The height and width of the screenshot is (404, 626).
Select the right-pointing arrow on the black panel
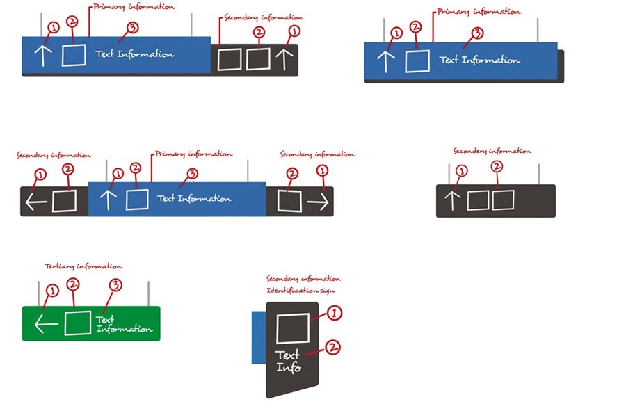[318, 202]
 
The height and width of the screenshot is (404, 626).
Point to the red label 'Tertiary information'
[83, 266]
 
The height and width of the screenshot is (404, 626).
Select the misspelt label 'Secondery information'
[492, 151]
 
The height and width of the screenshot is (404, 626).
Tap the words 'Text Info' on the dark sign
[289, 361]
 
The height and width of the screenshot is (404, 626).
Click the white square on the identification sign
[293, 328]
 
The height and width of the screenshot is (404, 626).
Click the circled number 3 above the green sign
[116, 285]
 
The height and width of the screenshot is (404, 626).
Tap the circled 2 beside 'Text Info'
[332, 346]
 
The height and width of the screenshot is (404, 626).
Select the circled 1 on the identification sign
[335, 314]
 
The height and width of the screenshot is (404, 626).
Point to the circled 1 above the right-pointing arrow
[321, 171]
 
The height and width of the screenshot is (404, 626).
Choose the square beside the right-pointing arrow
[289, 202]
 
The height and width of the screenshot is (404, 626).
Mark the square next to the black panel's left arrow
[64, 202]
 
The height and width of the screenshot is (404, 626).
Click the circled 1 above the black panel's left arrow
[40, 175]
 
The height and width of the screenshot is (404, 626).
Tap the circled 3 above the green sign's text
[116, 285]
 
